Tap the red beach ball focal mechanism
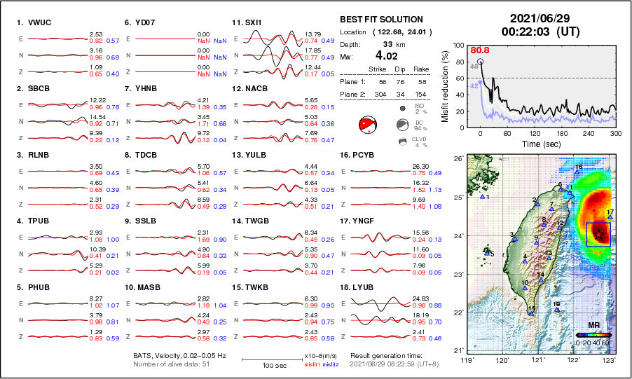click(x=368, y=125)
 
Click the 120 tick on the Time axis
click(x=535, y=133)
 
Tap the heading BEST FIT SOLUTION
click(x=381, y=20)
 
